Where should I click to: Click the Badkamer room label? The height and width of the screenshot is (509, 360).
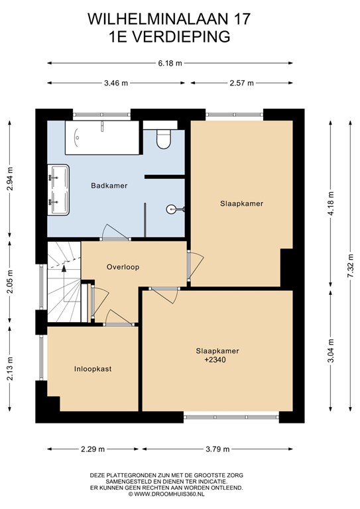[x=109, y=186]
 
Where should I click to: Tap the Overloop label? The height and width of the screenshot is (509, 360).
[x=123, y=267]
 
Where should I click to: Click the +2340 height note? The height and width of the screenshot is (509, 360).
[x=217, y=360]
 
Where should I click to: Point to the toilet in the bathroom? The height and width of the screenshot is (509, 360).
[x=162, y=137]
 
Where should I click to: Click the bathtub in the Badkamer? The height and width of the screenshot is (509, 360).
[x=101, y=137]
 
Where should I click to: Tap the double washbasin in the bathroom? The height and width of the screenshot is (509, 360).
[x=58, y=190]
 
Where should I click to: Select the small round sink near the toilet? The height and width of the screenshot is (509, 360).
[x=174, y=209]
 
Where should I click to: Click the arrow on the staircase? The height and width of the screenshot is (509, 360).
[x=64, y=266]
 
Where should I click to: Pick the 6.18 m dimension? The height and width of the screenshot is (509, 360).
[x=170, y=64]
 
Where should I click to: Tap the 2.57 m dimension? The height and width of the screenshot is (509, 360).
[x=242, y=83]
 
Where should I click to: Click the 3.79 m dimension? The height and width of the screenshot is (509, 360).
[x=217, y=449]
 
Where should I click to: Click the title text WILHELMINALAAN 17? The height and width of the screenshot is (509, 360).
[x=169, y=21]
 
